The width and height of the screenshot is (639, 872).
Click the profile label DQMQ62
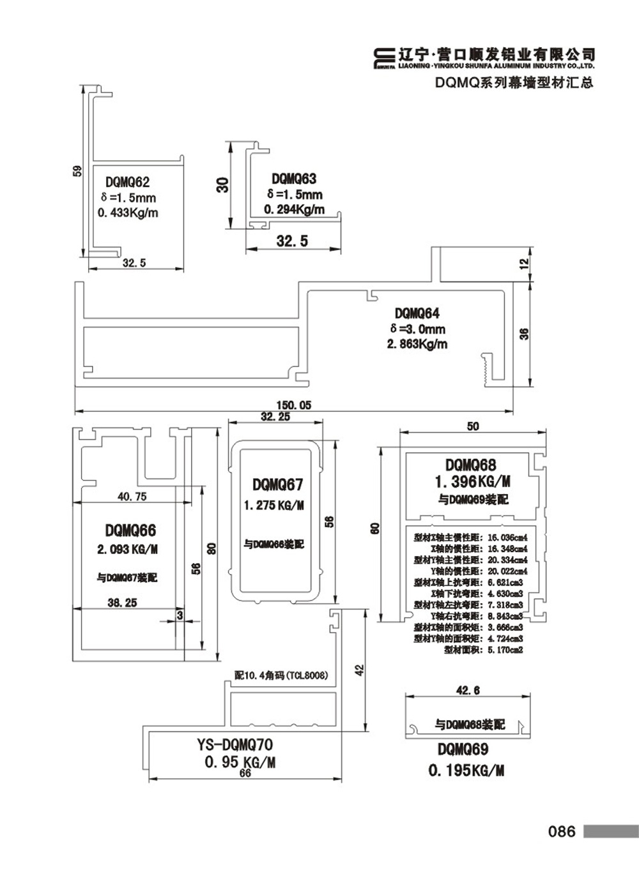tap(127, 183)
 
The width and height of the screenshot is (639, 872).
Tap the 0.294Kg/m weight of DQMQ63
tap(294, 209)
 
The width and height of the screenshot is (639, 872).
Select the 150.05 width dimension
tap(293, 405)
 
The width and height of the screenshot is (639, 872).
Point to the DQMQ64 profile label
tap(417, 313)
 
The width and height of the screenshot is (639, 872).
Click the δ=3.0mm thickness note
tap(417, 329)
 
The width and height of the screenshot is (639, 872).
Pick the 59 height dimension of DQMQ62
tap(77, 171)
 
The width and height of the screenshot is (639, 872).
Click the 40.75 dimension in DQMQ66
tap(132, 496)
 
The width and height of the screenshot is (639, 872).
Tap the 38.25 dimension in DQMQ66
tap(122, 602)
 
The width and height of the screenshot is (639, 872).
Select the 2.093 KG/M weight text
tap(127, 549)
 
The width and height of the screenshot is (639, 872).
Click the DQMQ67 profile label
tap(277, 485)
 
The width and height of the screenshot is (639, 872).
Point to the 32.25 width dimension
tap(275, 416)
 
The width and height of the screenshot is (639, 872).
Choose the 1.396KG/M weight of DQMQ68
tap(472, 482)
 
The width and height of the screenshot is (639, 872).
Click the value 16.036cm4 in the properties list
tap(507, 537)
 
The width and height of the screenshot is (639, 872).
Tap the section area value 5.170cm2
tap(505, 650)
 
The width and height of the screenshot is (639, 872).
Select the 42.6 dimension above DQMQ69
tap(468, 690)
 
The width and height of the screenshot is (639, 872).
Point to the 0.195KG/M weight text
tap(466, 771)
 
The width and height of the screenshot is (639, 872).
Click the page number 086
tap(562, 831)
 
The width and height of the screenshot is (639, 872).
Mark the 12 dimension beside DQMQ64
tap(524, 263)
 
